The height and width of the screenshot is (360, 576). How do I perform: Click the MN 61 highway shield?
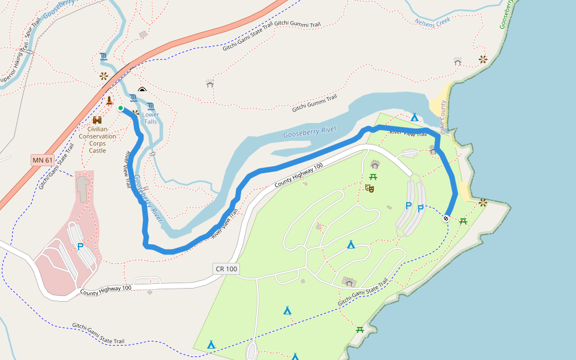[43, 160]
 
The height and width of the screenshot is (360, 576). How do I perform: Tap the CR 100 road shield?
[226, 268]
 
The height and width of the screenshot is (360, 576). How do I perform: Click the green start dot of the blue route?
[121, 108]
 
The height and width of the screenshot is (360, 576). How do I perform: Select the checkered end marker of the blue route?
[446, 218]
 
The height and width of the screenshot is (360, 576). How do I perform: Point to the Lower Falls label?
[151, 118]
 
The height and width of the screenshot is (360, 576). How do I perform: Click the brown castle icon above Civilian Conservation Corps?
[97, 120]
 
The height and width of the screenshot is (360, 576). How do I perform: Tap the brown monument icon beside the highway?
[109, 100]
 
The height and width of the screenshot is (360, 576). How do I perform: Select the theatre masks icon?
[370, 188]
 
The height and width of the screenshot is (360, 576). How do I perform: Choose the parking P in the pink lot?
[80, 247]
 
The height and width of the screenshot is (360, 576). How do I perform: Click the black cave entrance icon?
[142, 89]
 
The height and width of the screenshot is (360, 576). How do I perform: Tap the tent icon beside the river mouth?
[414, 117]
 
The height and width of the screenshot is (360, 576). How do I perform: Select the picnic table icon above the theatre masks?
[373, 176]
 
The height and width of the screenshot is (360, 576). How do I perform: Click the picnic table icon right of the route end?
[463, 221]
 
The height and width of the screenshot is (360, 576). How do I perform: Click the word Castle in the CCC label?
[97, 151]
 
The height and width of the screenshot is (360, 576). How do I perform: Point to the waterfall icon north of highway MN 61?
[104, 58]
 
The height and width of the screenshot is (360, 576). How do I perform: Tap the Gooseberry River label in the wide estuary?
[310, 131]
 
